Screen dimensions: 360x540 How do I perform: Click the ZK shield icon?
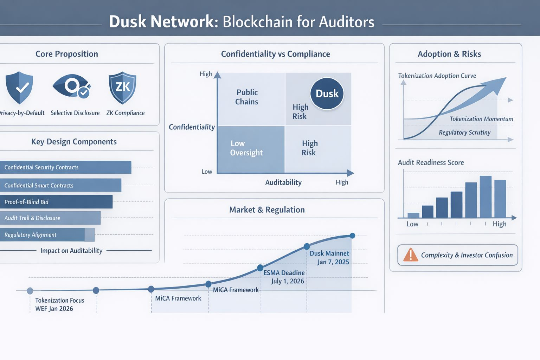click(122, 88)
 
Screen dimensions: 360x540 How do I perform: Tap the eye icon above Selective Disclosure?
click(72, 85)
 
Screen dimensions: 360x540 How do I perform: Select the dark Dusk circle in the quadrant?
click(327, 94)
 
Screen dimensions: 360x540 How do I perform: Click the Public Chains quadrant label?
click(247, 97)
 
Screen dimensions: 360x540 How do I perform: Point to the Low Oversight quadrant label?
click(246, 148)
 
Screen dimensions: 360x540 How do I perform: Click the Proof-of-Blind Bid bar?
click(56, 202)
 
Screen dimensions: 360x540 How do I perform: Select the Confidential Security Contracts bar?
click(65, 167)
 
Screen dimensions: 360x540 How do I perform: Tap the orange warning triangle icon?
click(410, 255)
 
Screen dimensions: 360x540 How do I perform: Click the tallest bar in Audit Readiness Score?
click(486, 197)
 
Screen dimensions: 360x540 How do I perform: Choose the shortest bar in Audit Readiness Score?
click(413, 215)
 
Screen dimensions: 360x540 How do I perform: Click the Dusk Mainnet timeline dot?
click(307, 246)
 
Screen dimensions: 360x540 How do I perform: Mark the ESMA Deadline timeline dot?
click(260, 268)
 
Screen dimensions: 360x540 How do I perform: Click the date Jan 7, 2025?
click(333, 262)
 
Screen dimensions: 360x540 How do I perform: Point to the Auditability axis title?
click(283, 182)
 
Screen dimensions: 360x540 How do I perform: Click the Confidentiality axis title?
click(192, 127)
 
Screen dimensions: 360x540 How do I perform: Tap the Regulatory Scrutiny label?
click(464, 133)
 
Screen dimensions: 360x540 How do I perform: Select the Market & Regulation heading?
click(267, 210)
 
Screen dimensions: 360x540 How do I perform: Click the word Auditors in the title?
click(347, 22)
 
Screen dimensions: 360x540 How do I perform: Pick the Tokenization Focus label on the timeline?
click(60, 300)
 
